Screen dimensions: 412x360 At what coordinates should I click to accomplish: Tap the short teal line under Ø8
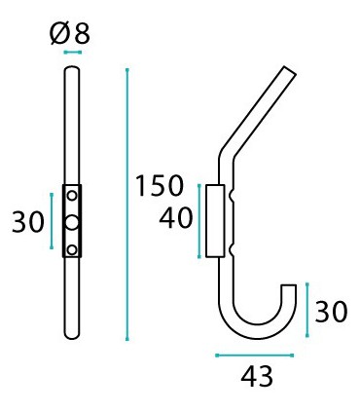[x=72, y=52]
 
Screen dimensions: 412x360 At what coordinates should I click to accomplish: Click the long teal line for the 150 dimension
[x=127, y=204]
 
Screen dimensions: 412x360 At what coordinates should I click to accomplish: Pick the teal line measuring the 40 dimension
[x=200, y=220]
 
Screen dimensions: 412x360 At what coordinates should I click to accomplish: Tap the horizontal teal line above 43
[x=253, y=355]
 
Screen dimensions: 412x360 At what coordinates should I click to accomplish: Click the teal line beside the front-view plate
[x=52, y=221]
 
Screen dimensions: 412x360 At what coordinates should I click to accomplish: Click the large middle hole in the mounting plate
[x=72, y=221]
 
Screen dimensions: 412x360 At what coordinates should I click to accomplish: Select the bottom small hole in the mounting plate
[x=72, y=244]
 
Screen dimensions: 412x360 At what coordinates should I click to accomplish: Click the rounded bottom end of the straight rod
[x=72, y=333]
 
